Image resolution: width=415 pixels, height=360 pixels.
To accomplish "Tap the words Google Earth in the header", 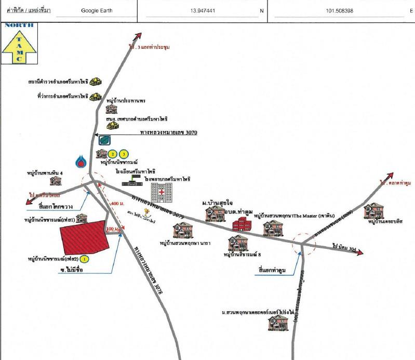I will pos(96,10).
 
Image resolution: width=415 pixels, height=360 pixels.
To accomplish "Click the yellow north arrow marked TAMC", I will pos(18,46).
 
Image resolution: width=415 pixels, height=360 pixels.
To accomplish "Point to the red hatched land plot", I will pos(85,236).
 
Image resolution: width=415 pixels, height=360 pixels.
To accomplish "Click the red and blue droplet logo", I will pos(81,162).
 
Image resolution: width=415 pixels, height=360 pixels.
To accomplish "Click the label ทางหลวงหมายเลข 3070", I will pos(169,133).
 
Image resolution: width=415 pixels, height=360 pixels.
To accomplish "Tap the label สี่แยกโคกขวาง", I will pos(56,206).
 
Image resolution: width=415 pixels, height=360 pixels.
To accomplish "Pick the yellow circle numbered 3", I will pos(123,154).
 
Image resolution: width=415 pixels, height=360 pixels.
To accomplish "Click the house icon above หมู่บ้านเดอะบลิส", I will pos(373,210).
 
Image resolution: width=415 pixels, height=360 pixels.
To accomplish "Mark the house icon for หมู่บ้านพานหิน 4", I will pos(56,180).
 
